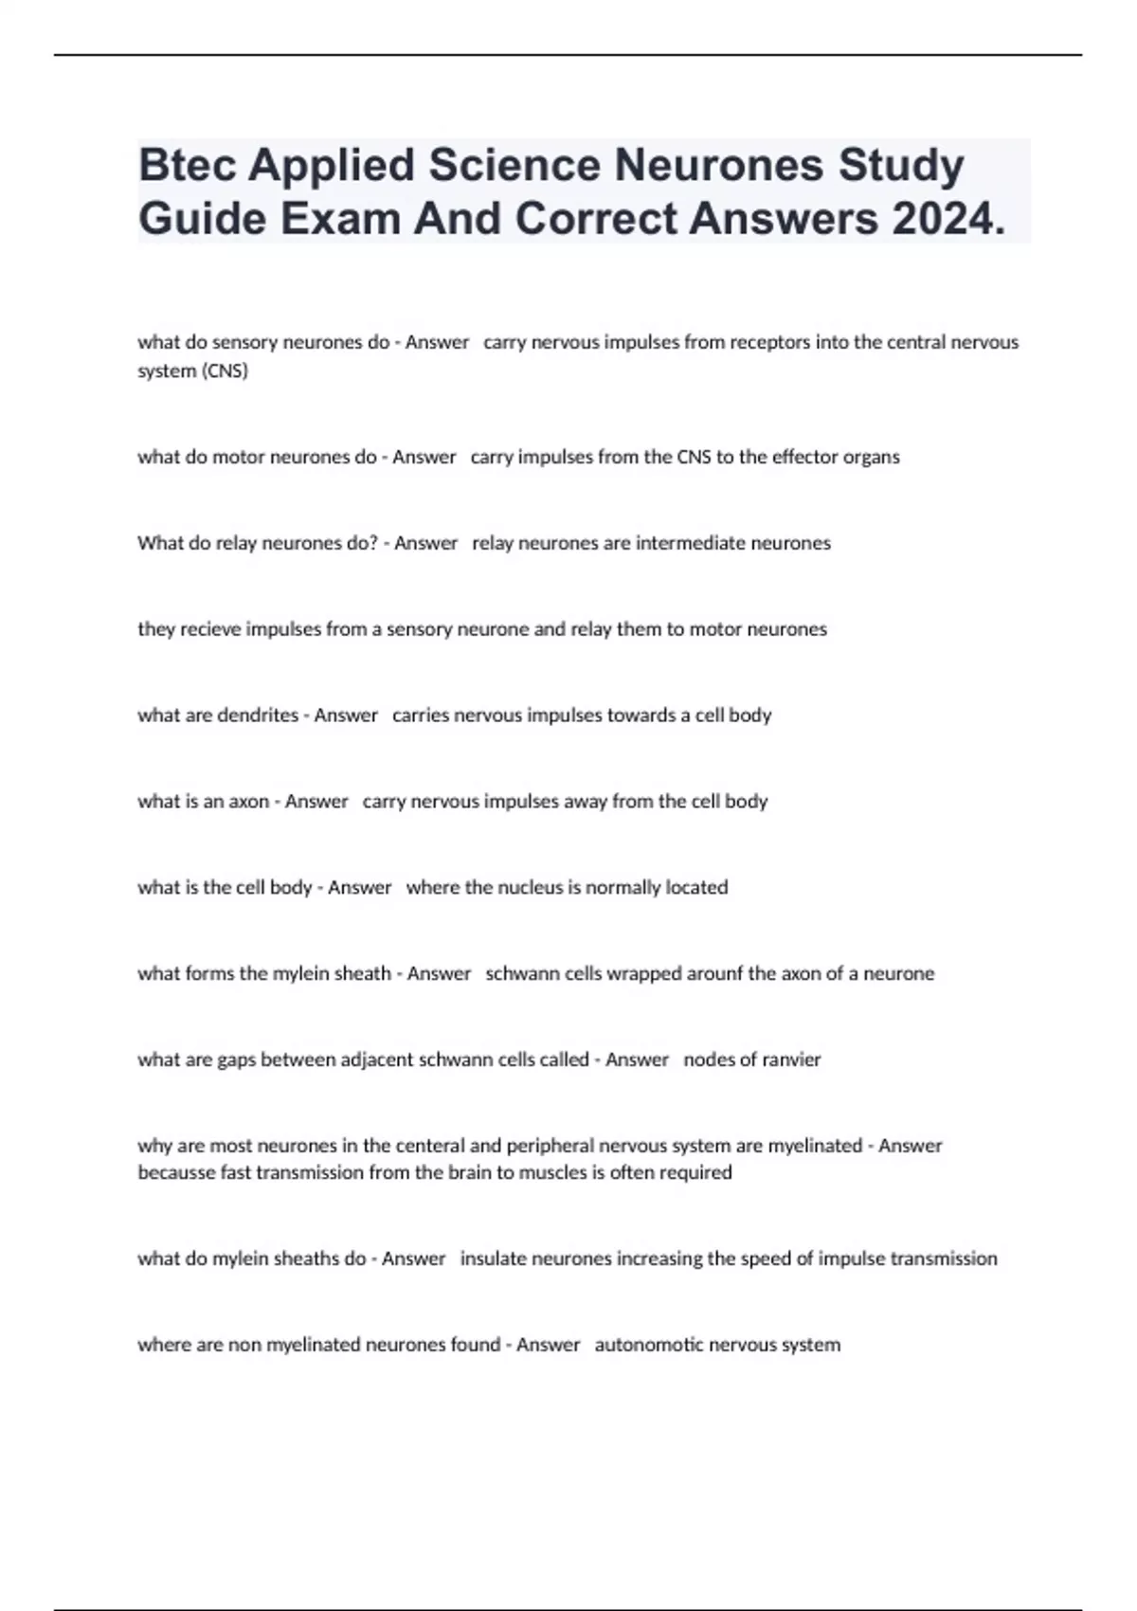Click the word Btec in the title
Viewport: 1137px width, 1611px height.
point(187,166)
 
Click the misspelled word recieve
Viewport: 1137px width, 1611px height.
point(209,629)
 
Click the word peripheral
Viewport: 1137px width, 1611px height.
point(550,1146)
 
